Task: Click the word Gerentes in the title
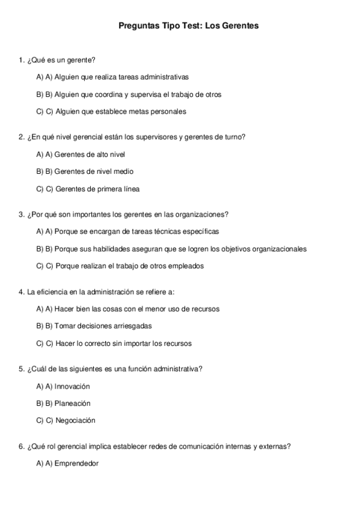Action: (x=241, y=26)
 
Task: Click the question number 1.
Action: (x=21, y=60)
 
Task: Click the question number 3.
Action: (x=21, y=215)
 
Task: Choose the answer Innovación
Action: (x=72, y=386)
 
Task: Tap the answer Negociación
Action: (x=75, y=420)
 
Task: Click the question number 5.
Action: (x=21, y=369)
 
